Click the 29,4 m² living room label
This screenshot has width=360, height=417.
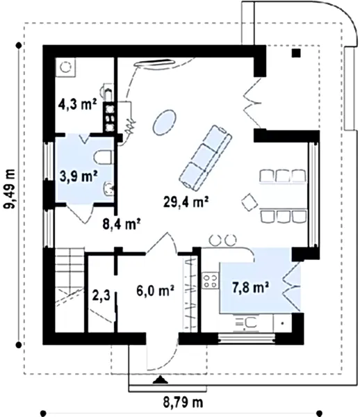pyautogui.click(x=186, y=202)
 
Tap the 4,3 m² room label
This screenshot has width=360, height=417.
pyautogui.click(x=77, y=104)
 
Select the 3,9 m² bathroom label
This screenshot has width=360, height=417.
pyautogui.click(x=79, y=176)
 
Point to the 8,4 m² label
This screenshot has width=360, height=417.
pyautogui.click(x=122, y=224)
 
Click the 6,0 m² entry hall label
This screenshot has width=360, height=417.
pyautogui.click(x=155, y=291)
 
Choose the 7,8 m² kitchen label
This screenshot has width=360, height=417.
pyautogui.click(x=250, y=288)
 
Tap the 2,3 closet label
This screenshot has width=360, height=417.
pyautogui.click(x=101, y=295)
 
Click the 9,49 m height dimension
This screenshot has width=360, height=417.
pyautogui.click(x=10, y=189)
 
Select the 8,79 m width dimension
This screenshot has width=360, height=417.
pyautogui.click(x=183, y=402)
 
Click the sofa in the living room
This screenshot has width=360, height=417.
pyautogui.click(x=205, y=158)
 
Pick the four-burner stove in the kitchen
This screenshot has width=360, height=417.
pyautogui.click(x=210, y=281)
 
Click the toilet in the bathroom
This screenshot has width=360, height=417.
pyautogui.click(x=104, y=158)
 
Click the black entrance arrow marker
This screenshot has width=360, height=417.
pyautogui.click(x=161, y=380)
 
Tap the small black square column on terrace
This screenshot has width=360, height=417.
pyautogui.click(x=296, y=54)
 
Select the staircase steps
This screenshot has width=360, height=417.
pyautogui.click(x=69, y=290)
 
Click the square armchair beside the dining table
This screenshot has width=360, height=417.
pyautogui.click(x=249, y=202)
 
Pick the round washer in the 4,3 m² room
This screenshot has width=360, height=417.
pyautogui.click(x=65, y=67)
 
